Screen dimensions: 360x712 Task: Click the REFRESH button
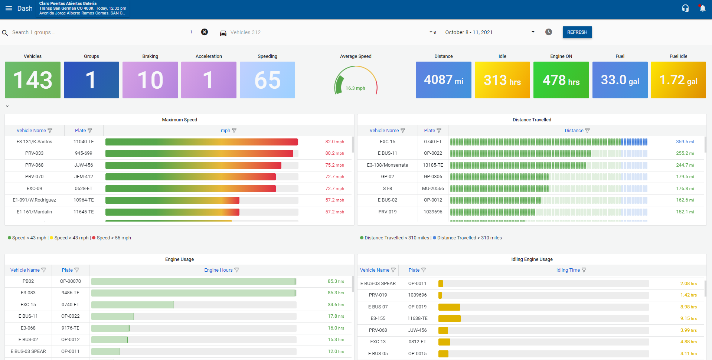577,32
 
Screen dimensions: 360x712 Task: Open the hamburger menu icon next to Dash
9,8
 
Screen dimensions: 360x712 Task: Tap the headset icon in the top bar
685,8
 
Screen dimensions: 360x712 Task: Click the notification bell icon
702,8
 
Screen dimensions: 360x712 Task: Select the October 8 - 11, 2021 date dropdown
489,32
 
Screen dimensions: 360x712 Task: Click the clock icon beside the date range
549,32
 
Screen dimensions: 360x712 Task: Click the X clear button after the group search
205,32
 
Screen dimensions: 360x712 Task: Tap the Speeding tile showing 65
267,80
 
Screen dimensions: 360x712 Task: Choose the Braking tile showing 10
150,80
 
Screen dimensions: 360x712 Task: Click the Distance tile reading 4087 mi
443,80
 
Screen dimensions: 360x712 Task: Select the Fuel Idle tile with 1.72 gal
678,80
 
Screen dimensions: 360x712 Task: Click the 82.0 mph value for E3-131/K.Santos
334,142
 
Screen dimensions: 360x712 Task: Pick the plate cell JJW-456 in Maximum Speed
84,165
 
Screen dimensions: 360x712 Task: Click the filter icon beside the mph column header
234,131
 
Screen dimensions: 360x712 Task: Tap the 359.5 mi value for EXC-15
685,142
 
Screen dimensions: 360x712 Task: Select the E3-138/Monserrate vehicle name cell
387,165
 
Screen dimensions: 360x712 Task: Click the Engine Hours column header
218,270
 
